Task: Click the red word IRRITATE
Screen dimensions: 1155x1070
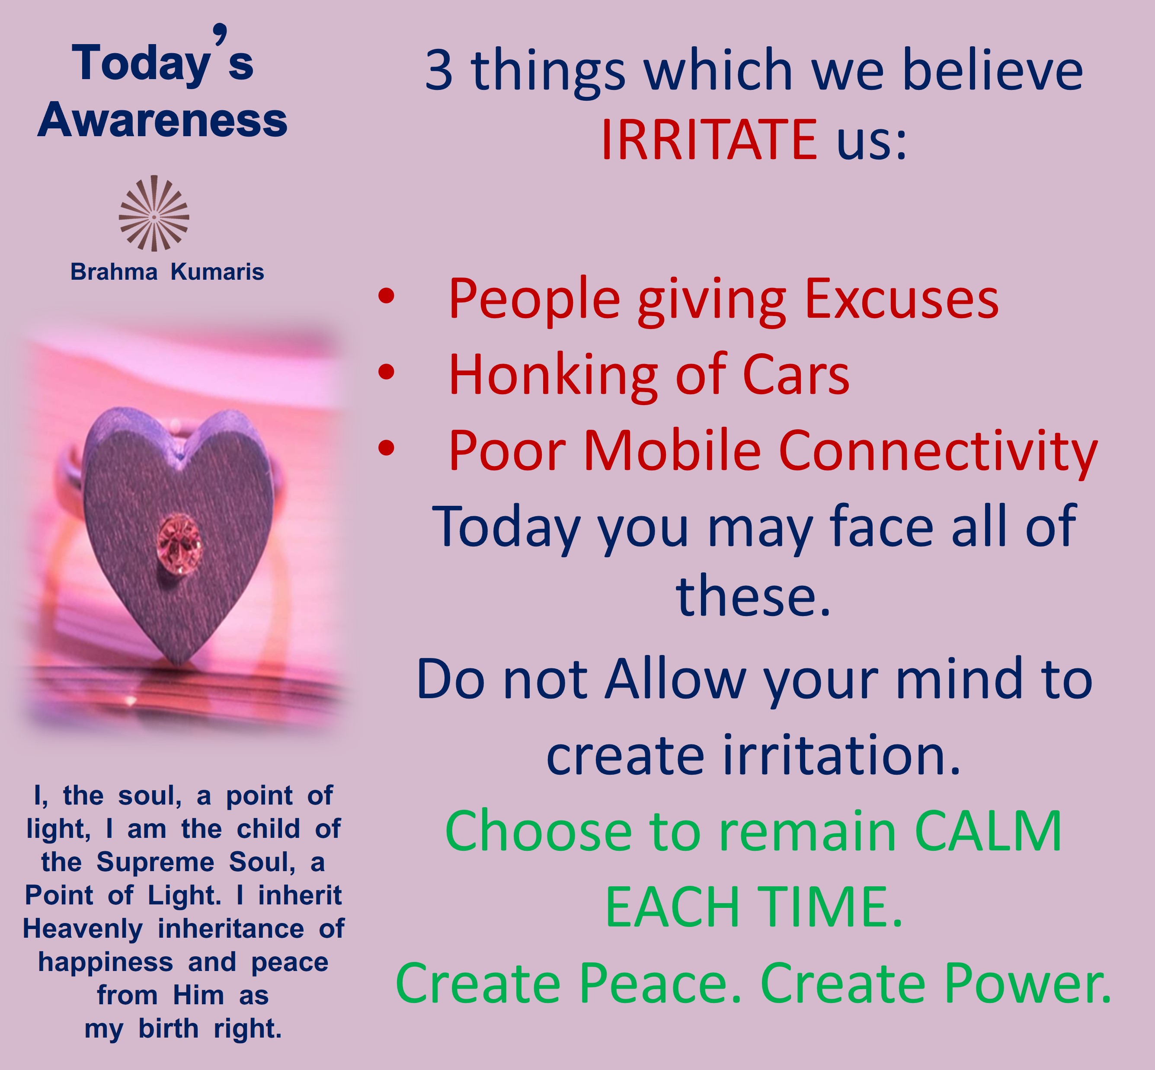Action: tap(709, 140)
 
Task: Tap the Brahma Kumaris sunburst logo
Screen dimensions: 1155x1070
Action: tap(154, 213)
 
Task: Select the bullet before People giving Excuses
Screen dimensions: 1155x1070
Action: tap(386, 297)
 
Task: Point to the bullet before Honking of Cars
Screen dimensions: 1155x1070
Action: tap(386, 372)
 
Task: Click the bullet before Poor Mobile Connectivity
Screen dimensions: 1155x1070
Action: tap(386, 447)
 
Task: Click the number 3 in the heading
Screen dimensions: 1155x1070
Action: tap(438, 70)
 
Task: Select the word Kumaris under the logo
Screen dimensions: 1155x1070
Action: tap(217, 271)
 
